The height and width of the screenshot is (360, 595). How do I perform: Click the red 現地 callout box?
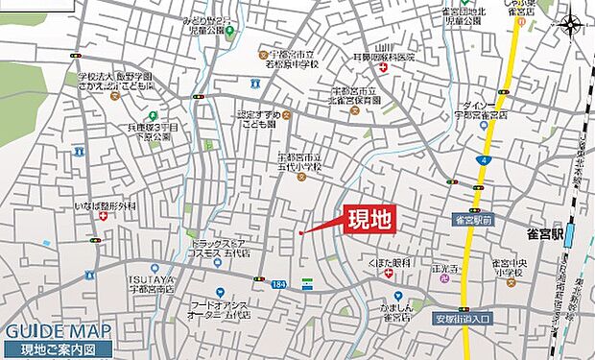click(x=369, y=218)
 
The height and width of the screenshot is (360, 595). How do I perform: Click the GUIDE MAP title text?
click(x=58, y=332)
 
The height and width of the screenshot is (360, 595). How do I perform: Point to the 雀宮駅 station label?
click(x=541, y=232)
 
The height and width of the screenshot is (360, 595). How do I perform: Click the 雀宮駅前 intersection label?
click(x=473, y=220)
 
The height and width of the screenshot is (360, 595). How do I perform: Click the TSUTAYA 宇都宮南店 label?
click(x=151, y=283)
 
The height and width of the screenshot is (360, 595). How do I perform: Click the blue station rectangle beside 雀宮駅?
click(x=570, y=234)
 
